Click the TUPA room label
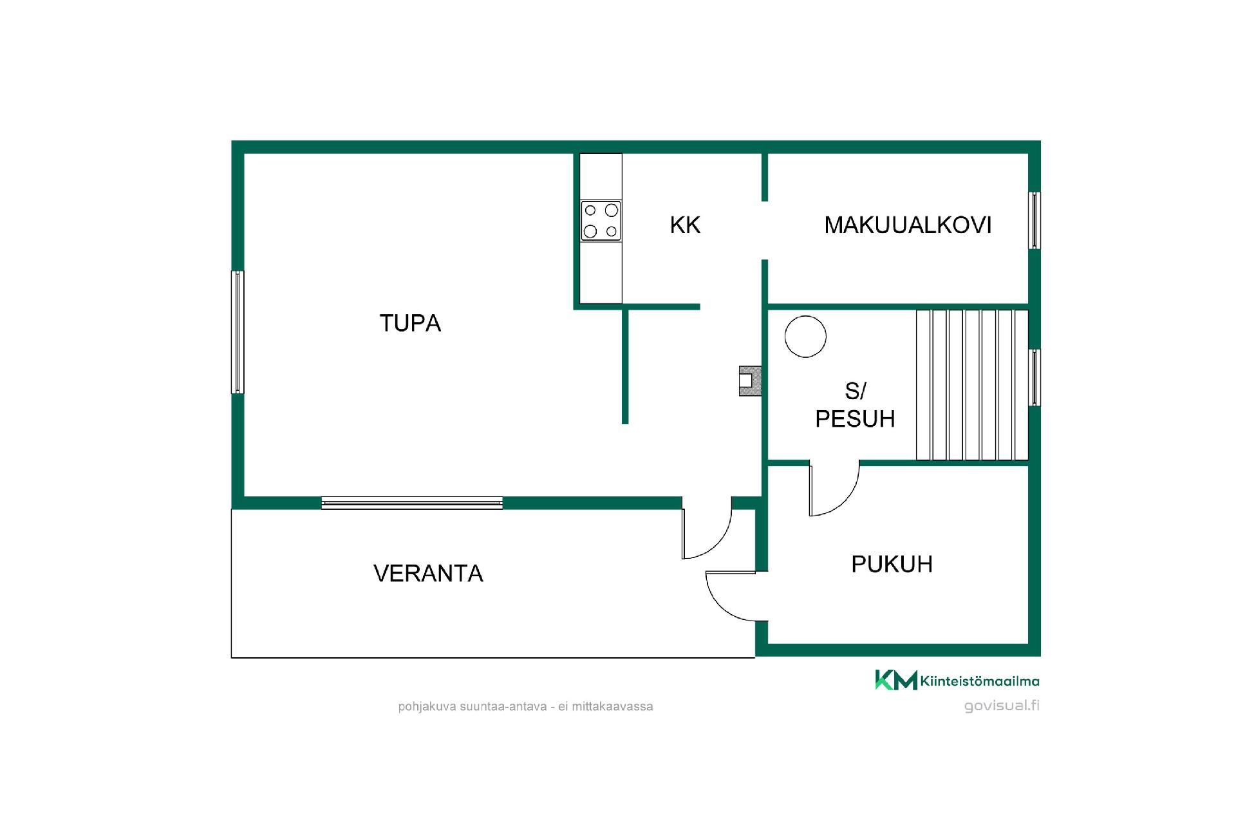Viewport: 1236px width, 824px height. tap(410, 323)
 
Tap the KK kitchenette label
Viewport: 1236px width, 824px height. tap(685, 225)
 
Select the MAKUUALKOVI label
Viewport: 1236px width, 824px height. tap(908, 225)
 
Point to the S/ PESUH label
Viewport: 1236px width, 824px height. tap(855, 405)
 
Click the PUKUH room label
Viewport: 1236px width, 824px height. tap(892, 564)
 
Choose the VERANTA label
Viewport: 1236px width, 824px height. tap(428, 573)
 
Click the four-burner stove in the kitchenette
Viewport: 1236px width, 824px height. tap(601, 221)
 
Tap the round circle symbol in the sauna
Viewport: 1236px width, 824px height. tap(805, 336)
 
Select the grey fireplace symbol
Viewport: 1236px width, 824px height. tap(750, 380)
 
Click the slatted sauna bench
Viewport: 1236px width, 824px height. tap(972, 385)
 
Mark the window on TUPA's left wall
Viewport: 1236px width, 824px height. tap(238, 332)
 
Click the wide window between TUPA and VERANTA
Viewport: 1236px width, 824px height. tap(412, 503)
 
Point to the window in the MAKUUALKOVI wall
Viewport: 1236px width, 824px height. tap(1034, 220)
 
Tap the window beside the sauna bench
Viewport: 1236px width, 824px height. tap(1034, 377)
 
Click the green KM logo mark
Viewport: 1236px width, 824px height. tap(895, 680)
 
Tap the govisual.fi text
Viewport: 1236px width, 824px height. tap(1002, 706)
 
